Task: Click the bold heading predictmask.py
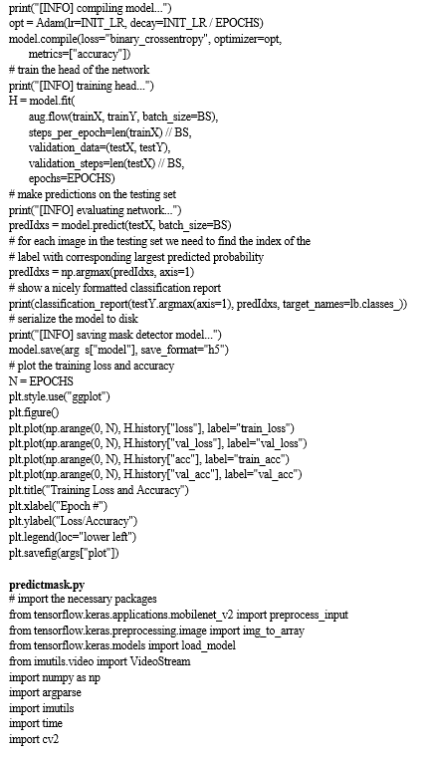coord(47,585)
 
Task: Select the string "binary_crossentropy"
coord(159,39)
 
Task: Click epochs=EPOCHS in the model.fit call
coord(72,179)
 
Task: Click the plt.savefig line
coord(64,553)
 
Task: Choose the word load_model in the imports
coord(208,645)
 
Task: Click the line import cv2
coord(34,739)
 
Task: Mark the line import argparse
coord(45,692)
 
